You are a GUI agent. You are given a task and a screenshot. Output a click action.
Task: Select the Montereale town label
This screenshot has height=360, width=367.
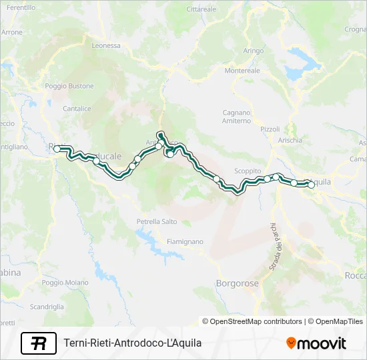coord(242,70)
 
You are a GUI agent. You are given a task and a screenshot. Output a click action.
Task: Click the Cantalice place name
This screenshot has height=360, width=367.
coord(77,108)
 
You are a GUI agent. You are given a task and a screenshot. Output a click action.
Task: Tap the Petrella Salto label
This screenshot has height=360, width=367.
coord(157,221)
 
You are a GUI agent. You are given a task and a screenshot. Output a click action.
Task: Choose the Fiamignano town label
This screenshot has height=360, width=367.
coord(185,241)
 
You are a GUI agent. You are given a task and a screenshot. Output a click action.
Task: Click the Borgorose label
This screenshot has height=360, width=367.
coord(237,283)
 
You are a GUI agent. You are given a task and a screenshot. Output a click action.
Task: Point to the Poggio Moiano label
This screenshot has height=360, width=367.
coord(65,283)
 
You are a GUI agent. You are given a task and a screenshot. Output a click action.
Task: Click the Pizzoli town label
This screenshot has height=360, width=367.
coord(270,129)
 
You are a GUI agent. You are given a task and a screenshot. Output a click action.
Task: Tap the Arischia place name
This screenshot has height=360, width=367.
coord(290,140)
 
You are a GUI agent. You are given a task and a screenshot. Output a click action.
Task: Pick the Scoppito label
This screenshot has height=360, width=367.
coord(248,171)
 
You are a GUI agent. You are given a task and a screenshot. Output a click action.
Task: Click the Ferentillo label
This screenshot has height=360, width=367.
coord(21,7)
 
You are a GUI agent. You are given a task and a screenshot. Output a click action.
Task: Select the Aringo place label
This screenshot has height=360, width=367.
coord(254,51)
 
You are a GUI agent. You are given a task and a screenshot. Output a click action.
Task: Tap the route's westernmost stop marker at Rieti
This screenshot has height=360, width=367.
coord(57,149)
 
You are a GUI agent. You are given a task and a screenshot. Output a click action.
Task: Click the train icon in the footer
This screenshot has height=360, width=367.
coord(39,343)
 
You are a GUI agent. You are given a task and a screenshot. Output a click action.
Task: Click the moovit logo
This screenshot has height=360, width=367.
coord(316,343)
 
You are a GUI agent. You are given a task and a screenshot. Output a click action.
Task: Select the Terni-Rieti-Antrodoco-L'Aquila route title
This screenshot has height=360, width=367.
coord(132,343)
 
